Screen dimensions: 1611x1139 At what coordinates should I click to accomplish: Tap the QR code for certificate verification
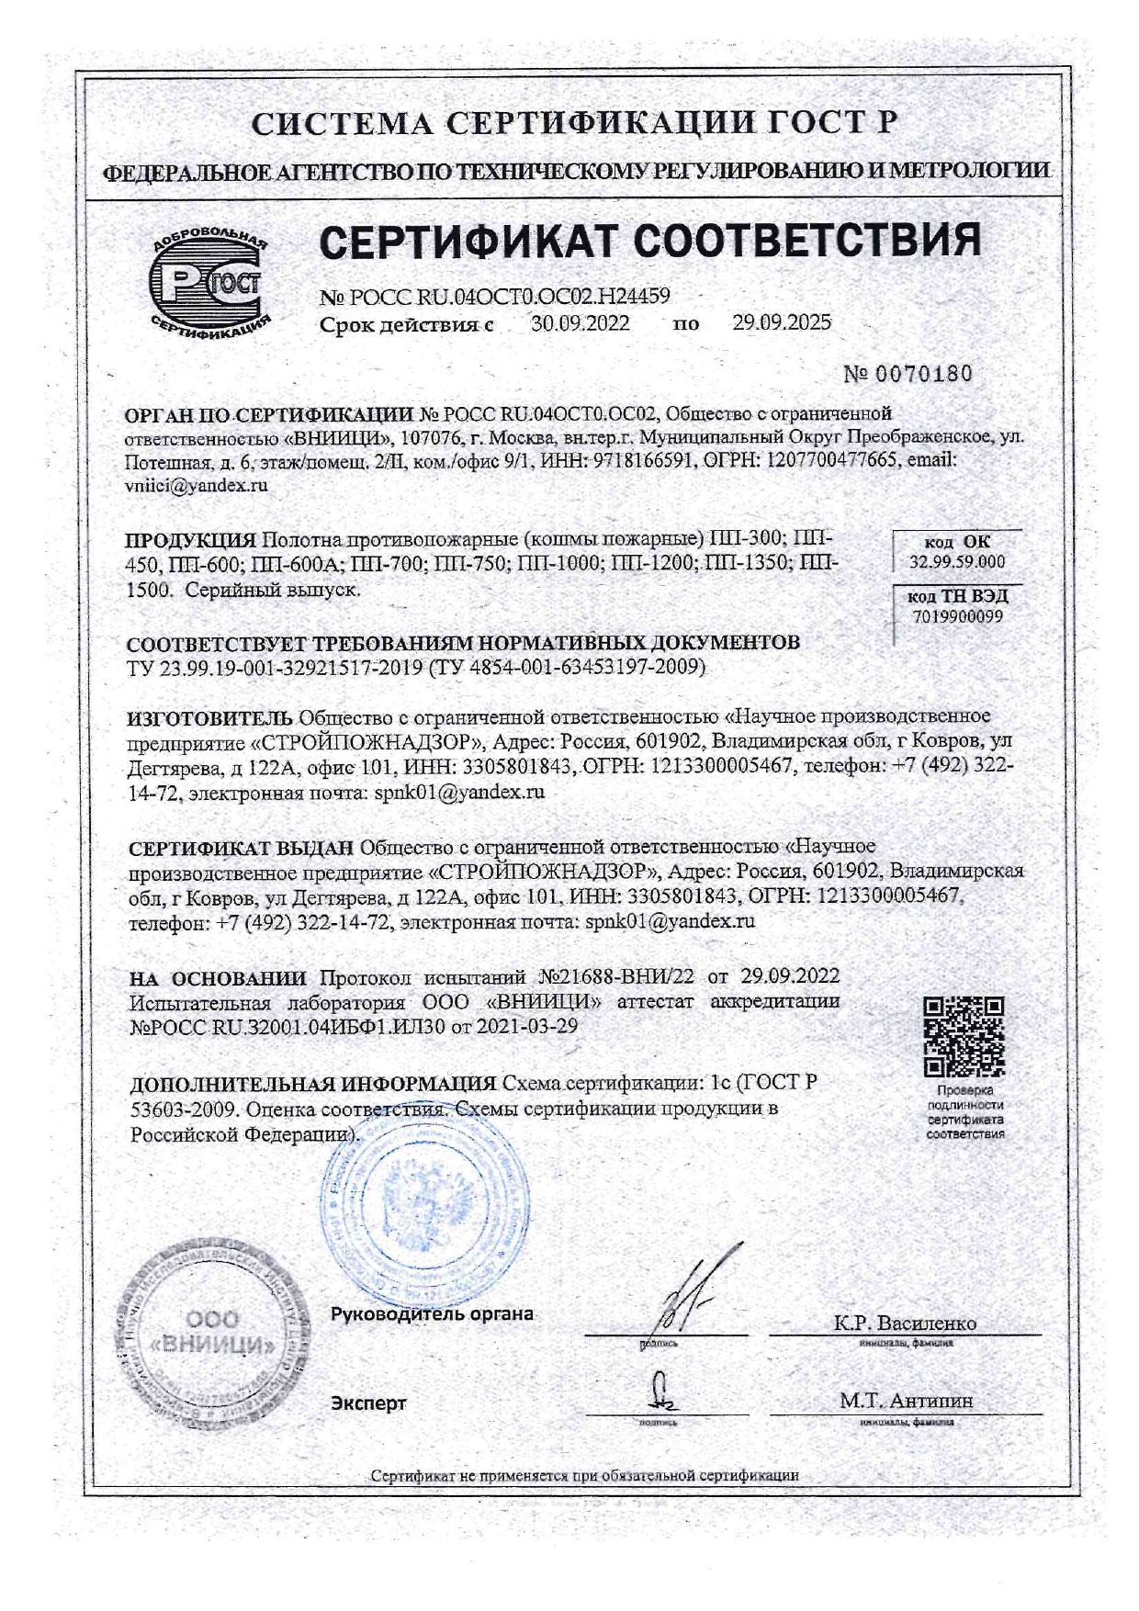tap(964, 1036)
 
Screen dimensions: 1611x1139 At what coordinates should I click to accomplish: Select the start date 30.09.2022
tap(581, 322)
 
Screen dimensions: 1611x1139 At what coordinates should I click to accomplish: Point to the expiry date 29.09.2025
tap(782, 322)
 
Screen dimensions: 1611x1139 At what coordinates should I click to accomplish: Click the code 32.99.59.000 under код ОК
tap(957, 562)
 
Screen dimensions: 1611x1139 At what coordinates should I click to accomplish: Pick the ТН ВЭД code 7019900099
tap(957, 616)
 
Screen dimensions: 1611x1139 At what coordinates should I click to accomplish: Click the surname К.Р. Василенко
tap(905, 1324)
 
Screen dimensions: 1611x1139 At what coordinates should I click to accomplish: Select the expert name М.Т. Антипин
tap(906, 1401)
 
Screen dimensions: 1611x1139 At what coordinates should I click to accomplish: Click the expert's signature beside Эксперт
tap(660, 1392)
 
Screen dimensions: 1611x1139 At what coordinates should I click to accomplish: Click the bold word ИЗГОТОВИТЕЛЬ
tap(210, 716)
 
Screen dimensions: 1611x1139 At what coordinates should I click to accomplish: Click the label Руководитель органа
tap(432, 1313)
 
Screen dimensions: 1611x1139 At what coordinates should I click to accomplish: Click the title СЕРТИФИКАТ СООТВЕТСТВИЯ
tap(650, 241)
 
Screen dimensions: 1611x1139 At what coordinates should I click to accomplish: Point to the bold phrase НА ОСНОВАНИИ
tap(218, 976)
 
